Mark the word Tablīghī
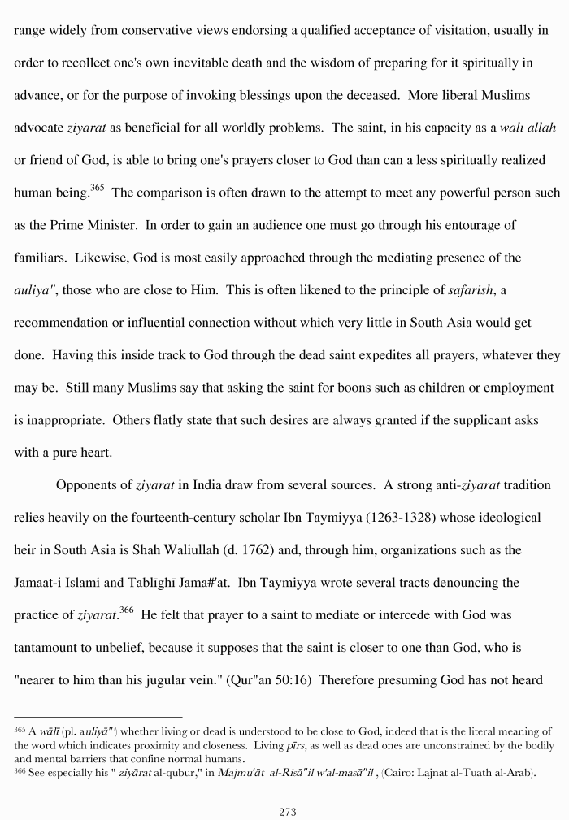coord(162,583)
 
